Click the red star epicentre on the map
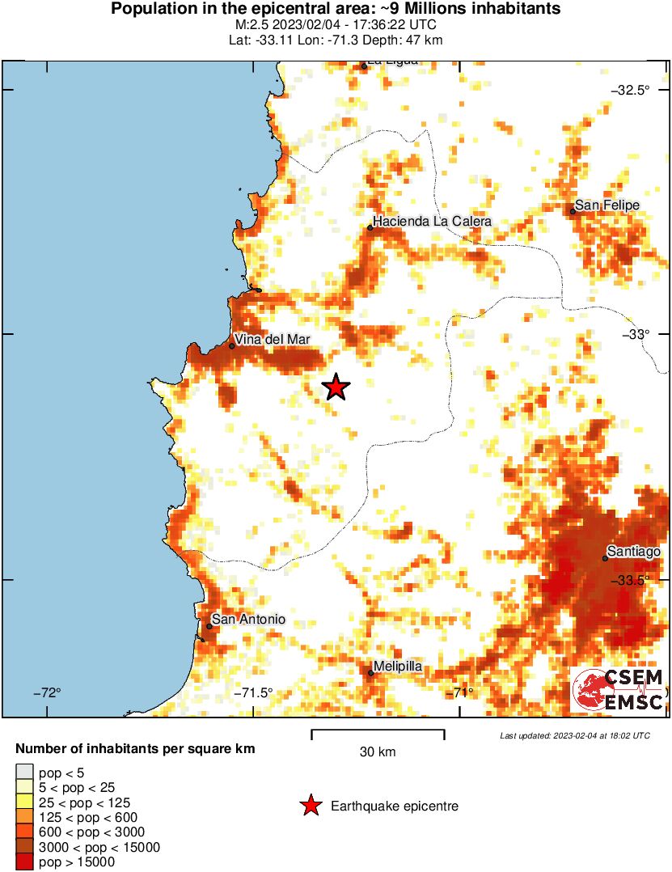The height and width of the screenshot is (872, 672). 336,387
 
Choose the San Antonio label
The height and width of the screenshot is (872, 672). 248,620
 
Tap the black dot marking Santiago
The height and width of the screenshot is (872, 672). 605,558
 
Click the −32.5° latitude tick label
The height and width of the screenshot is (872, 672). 632,90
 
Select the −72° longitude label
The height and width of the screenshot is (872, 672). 47,692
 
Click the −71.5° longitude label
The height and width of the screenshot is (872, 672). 253,692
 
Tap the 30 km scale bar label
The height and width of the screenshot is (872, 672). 378,751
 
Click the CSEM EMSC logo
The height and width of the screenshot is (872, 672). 619,690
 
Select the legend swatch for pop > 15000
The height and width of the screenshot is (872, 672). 24,862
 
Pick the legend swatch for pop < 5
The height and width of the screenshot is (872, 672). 24,773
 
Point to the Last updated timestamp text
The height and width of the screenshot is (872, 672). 574,735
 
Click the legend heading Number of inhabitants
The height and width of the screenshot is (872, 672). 135,749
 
